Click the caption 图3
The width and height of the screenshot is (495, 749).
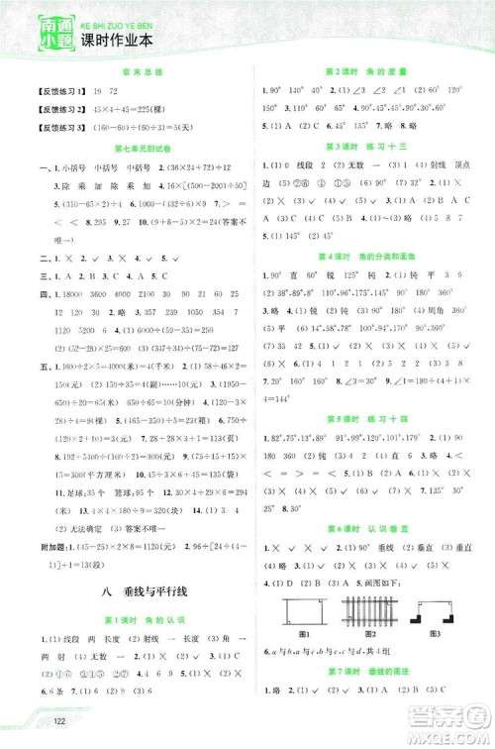pyautogui.click(x=433, y=633)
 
